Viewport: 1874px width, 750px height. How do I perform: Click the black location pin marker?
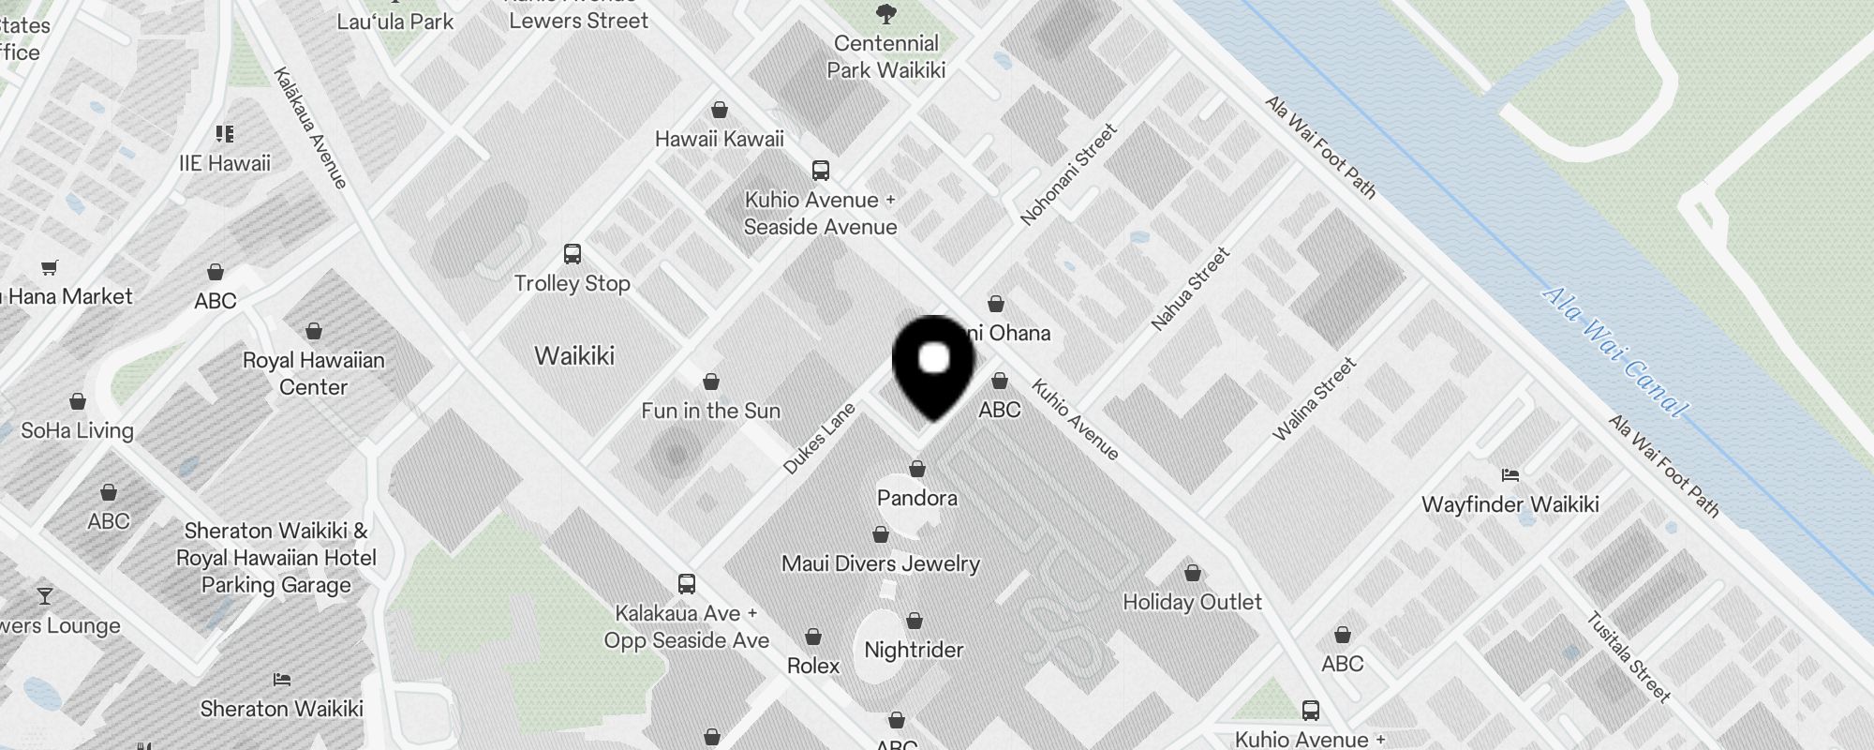click(x=933, y=365)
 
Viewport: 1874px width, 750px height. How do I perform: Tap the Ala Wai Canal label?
click(x=1614, y=352)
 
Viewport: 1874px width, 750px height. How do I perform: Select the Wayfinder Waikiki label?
click(x=1510, y=504)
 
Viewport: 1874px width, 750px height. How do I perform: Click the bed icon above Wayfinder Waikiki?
click(x=1510, y=474)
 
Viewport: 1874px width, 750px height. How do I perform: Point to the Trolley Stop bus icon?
click(x=572, y=254)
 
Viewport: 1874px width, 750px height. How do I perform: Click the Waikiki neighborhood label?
click(x=574, y=355)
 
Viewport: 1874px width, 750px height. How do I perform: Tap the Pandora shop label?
click(x=916, y=498)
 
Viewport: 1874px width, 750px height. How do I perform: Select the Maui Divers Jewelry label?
click(x=880, y=563)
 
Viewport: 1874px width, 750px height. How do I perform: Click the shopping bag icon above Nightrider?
click(x=915, y=621)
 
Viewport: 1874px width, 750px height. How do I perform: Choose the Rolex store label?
click(x=812, y=666)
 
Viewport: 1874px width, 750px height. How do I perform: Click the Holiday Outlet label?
click(x=1192, y=602)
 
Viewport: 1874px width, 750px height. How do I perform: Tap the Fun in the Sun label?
click(x=710, y=411)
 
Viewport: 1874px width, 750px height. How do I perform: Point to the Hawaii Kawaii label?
click(x=719, y=139)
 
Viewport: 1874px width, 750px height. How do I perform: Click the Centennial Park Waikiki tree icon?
click(x=885, y=14)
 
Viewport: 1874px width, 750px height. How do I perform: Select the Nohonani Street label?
click(x=1068, y=175)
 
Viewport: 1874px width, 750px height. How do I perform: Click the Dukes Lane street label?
click(x=819, y=439)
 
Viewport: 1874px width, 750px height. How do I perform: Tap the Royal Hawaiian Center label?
click(x=313, y=373)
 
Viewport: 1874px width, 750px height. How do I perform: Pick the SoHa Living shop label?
click(x=78, y=430)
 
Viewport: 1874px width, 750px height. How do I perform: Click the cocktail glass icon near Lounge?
click(x=44, y=596)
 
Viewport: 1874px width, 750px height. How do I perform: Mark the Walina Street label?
click(x=1314, y=399)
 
